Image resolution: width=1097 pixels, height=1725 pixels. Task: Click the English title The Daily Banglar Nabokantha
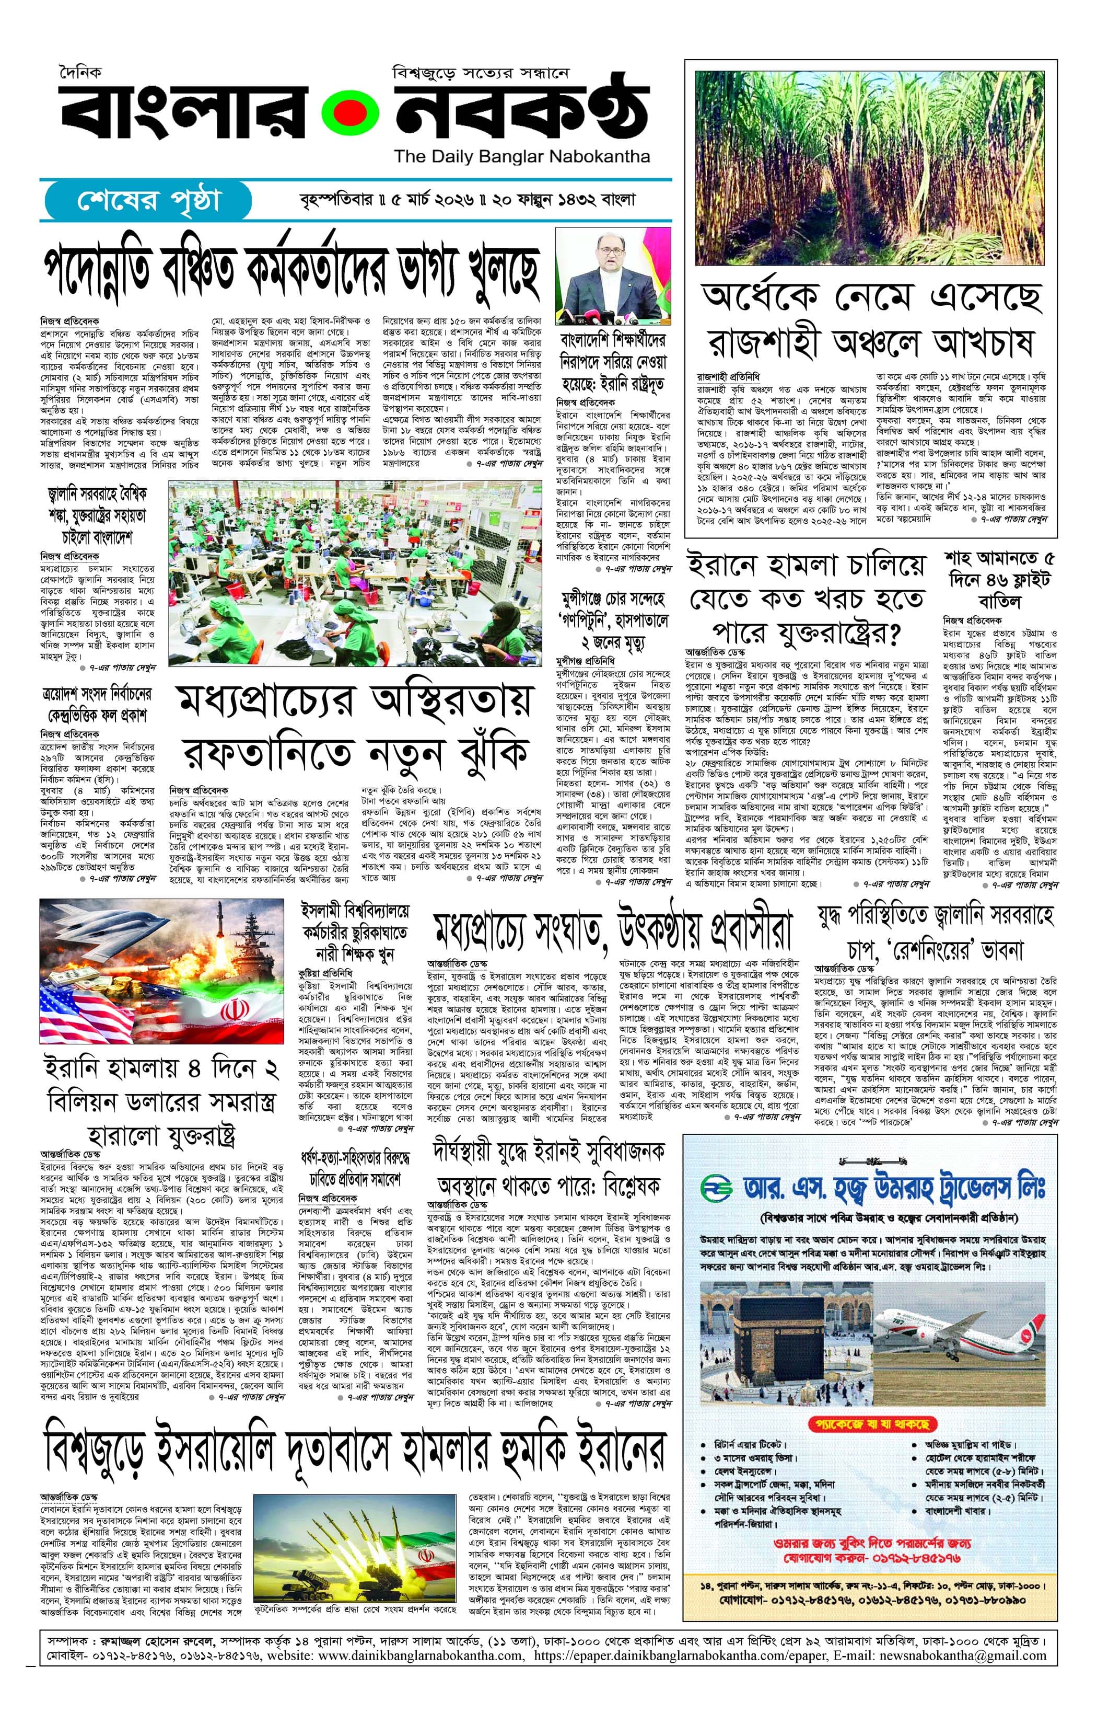[x=522, y=156]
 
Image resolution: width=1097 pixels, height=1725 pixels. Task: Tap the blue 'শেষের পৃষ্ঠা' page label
[x=149, y=201]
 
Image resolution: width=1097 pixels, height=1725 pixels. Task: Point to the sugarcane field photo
[x=871, y=163]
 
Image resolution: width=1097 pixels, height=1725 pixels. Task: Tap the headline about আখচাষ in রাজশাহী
[x=871, y=321]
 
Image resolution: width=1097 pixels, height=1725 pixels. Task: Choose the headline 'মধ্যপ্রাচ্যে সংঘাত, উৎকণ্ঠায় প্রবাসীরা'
[x=613, y=929]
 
